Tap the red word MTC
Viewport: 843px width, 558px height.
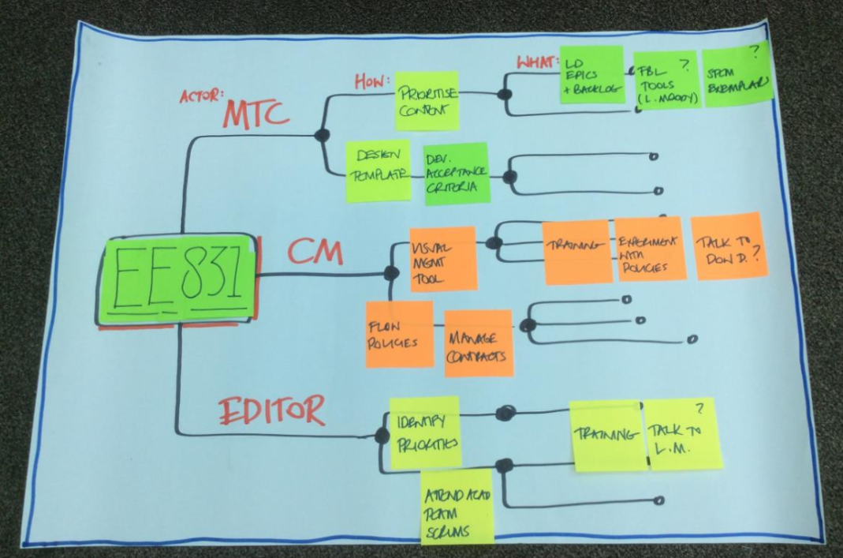(x=257, y=114)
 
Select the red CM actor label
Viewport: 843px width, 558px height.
(x=315, y=252)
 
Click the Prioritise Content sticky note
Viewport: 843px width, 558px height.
(x=427, y=100)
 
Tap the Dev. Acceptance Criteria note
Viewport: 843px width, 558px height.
(x=456, y=174)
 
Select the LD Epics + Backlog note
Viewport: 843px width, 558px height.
(x=591, y=75)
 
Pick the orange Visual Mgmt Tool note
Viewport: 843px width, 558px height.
(x=442, y=259)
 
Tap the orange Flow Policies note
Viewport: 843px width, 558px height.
(x=398, y=334)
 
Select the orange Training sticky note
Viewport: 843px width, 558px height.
(x=576, y=252)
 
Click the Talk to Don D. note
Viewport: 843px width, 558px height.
(x=729, y=245)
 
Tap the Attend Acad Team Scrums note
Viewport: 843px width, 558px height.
(x=457, y=507)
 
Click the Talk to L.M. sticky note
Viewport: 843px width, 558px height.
(x=683, y=434)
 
